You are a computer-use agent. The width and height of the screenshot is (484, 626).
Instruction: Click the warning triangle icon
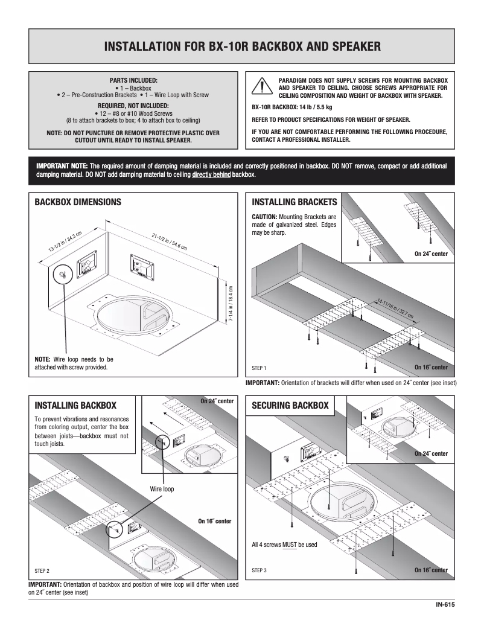coord(260,87)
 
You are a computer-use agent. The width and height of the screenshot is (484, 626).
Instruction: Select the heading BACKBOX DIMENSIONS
coord(78,202)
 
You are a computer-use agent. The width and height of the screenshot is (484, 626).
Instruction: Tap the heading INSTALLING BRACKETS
coord(294,202)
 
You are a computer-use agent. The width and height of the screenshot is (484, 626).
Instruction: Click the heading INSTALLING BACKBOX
coord(75,405)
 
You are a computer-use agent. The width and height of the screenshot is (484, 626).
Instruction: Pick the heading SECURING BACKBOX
coord(290,405)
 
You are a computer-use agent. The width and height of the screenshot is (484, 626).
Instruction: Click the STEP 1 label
coord(258,368)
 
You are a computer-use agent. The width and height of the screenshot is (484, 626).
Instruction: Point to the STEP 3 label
coord(258,570)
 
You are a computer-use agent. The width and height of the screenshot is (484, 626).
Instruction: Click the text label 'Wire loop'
coord(161,489)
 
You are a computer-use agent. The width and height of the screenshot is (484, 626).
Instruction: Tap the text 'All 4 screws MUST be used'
coord(284,545)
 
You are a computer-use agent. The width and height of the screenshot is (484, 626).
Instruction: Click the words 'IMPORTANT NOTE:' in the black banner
coord(62,166)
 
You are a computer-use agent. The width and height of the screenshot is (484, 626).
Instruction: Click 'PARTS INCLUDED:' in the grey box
coord(133,80)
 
